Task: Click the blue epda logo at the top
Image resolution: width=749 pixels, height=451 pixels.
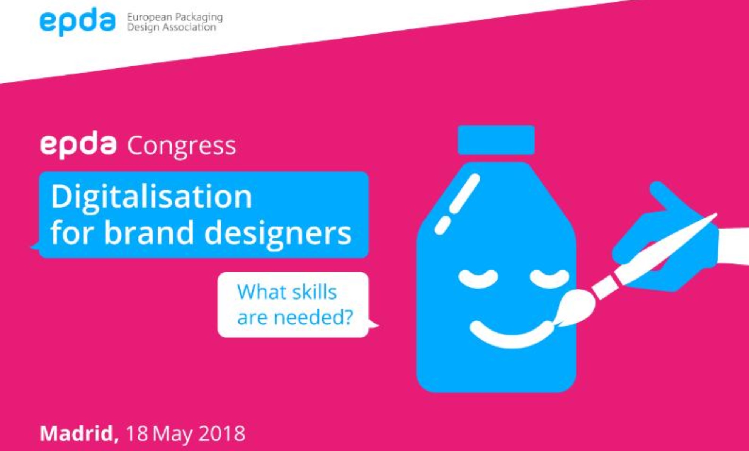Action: pos(77,22)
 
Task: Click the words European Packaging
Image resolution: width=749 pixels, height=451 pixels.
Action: pos(175,17)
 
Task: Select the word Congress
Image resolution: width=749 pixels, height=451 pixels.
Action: pos(182,146)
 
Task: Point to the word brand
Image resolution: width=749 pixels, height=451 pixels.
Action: pos(149,232)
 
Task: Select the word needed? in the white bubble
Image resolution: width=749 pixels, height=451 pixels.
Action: pos(313,317)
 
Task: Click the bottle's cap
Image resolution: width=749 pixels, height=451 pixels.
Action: pos(496,140)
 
